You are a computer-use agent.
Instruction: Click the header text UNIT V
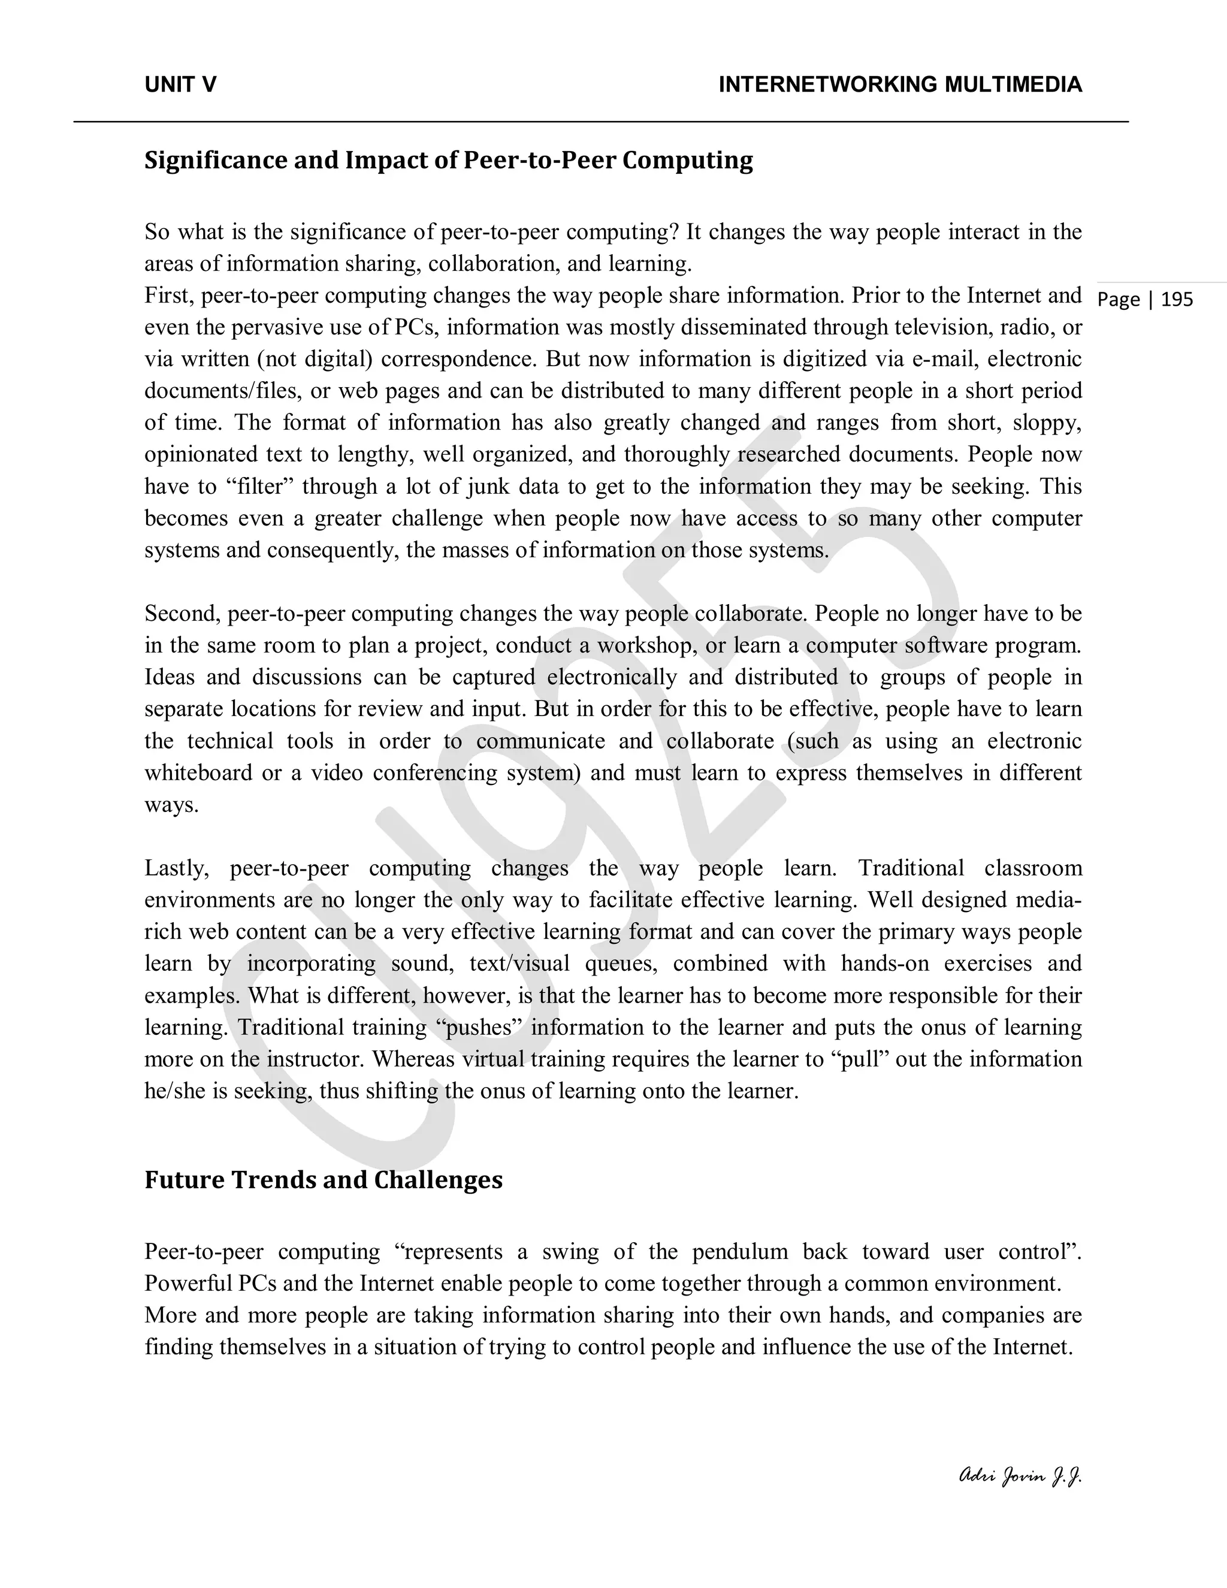(180, 85)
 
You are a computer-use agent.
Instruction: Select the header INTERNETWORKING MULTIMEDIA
(900, 85)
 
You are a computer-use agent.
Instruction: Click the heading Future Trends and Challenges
(324, 1179)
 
